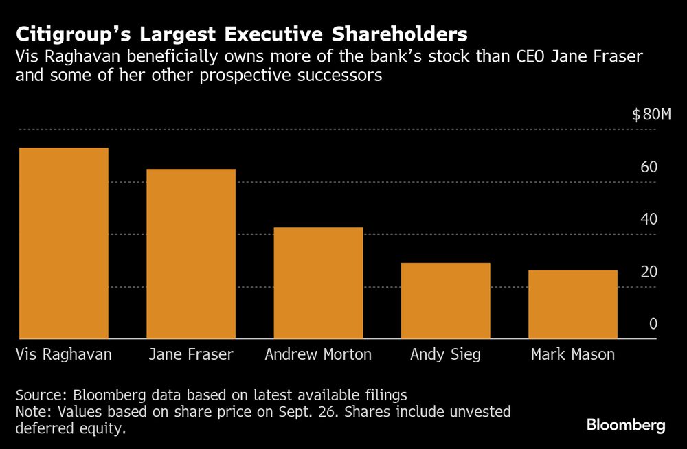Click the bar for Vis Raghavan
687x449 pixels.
[63, 243]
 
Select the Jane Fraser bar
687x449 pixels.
[191, 254]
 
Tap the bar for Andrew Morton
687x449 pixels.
[318, 283]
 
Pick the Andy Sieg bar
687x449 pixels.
[445, 301]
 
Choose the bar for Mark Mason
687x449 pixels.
[572, 304]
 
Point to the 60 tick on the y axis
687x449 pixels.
[649, 168]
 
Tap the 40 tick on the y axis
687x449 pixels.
[649, 220]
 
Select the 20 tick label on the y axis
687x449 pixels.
[649, 272]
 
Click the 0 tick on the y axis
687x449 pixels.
[653, 324]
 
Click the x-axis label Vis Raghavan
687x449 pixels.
[63, 355]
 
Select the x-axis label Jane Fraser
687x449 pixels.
[191, 355]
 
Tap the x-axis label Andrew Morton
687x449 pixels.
[318, 355]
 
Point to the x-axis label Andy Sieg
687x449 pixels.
[445, 356]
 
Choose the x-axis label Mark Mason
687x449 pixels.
[573, 355]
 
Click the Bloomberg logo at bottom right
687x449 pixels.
[626, 426]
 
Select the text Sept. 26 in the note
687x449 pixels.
[339, 412]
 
